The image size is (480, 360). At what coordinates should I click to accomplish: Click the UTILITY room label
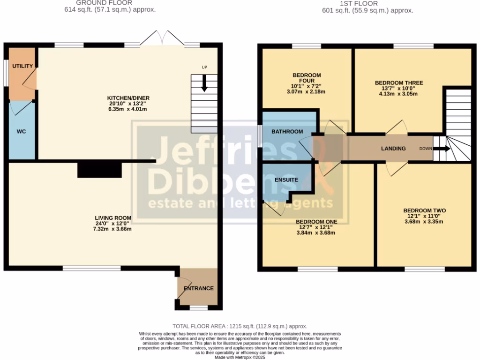22,66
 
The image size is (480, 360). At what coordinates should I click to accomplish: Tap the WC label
21,132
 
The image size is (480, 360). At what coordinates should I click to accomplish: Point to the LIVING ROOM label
113,218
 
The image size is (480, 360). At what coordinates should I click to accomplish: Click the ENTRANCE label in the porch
198,288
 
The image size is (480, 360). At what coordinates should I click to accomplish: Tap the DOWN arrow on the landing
441,149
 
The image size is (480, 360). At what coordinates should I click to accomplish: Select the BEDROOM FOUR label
307,78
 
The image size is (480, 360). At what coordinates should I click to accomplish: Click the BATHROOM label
287,132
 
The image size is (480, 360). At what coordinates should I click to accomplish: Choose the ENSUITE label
286,180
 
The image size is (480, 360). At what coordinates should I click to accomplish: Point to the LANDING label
393,149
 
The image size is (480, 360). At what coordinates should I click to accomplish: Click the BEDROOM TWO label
424,210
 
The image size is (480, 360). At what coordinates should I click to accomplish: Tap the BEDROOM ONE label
316,221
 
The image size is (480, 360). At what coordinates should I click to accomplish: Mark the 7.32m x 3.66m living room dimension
113,229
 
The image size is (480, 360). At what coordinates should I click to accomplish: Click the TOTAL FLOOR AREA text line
240,326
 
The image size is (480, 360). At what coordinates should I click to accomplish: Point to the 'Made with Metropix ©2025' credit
240,357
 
